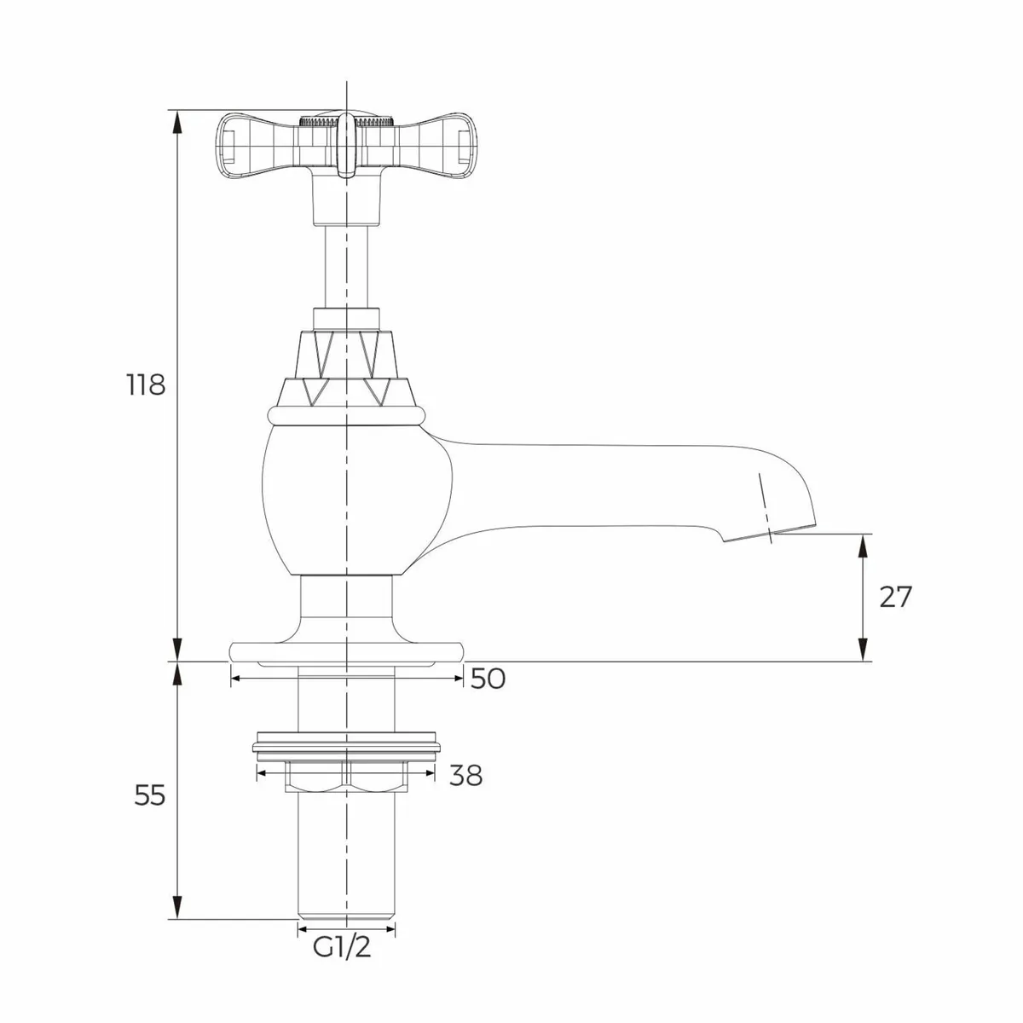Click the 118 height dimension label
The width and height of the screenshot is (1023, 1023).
(145, 384)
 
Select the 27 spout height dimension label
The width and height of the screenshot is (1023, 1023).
(895, 597)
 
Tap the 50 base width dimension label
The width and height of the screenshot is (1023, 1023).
(488, 679)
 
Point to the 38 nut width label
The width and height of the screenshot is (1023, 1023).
(465, 776)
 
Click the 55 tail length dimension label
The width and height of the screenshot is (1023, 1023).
(150, 795)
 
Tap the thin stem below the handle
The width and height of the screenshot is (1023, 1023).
(346, 264)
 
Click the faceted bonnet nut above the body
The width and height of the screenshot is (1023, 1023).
(346, 367)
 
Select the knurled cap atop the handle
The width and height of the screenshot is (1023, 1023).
(346, 120)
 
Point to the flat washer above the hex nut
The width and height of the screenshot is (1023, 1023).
(346, 748)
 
